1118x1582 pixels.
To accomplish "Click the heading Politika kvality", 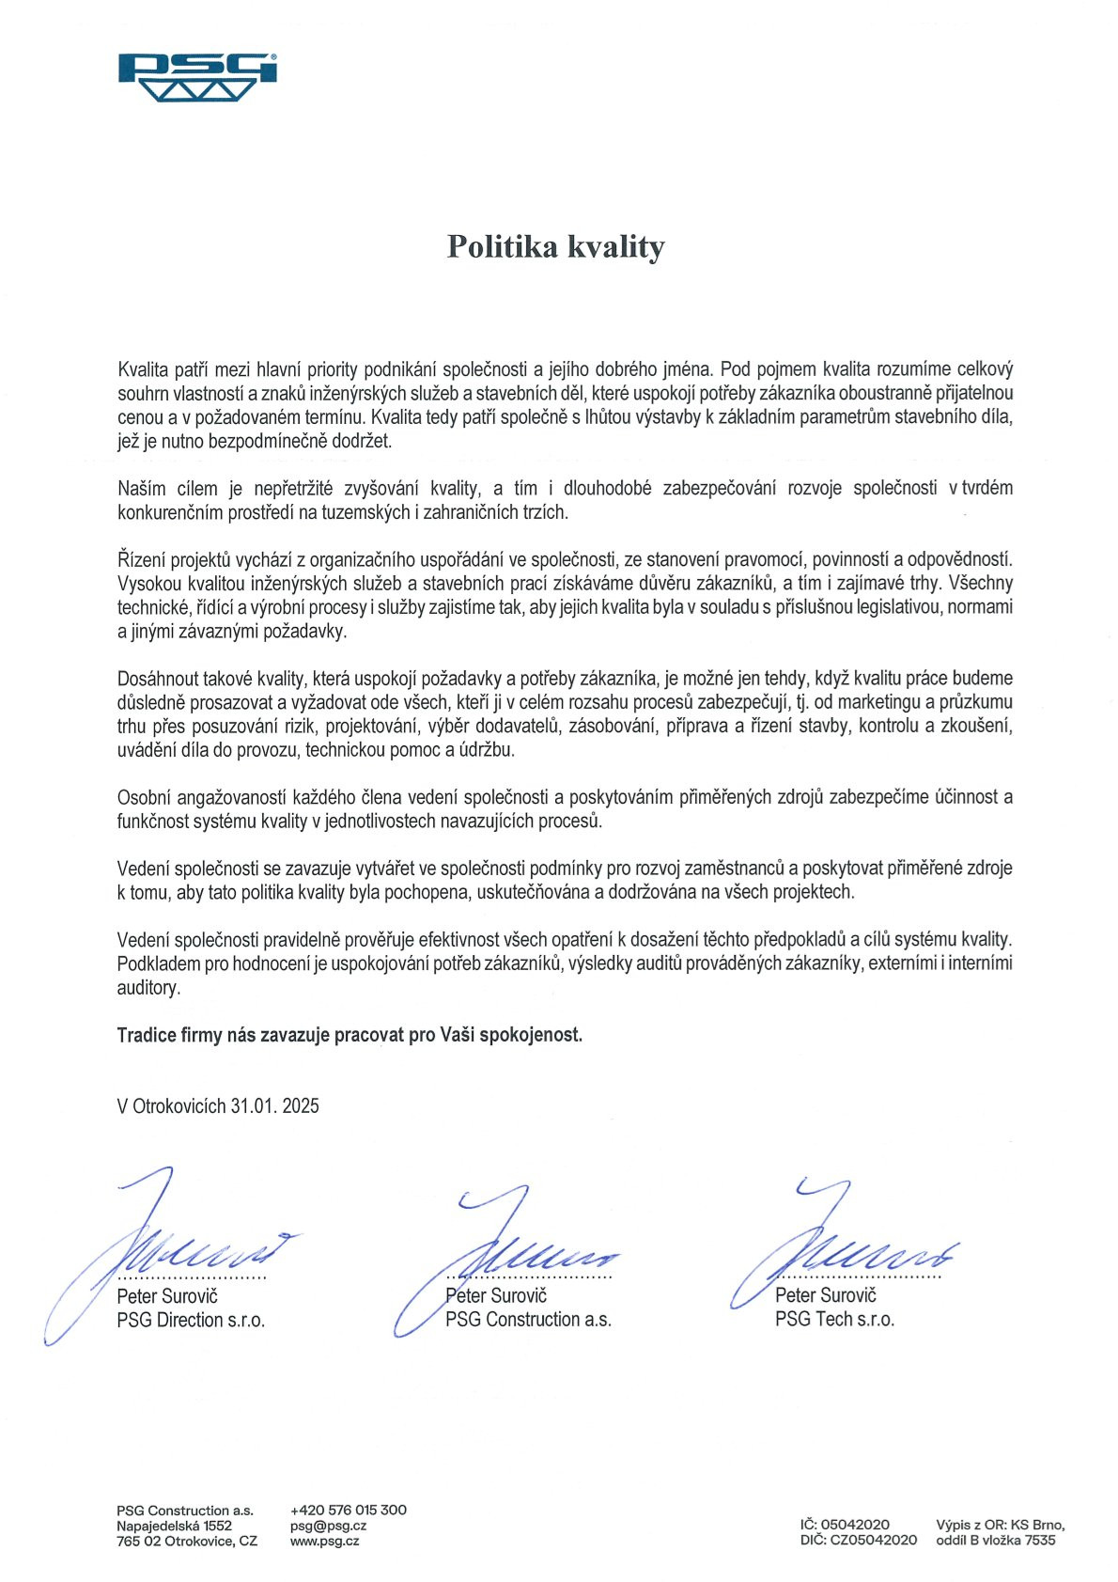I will coord(555,246).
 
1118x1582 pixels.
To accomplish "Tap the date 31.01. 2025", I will coord(274,1105).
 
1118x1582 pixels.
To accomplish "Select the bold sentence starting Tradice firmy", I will coord(349,1035).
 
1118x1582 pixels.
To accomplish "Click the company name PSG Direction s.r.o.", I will coord(191,1320).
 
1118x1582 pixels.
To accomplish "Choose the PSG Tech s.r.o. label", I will coord(834,1319).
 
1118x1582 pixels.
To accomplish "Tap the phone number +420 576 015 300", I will coord(349,1510).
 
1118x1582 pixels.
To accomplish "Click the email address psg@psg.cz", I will coord(328,1526).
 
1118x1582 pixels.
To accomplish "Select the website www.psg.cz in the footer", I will coord(324,1541).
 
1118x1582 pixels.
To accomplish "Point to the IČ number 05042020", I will coord(855,1524).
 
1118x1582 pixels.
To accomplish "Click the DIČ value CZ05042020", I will coord(873,1540).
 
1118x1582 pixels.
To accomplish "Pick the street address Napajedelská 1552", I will coord(174,1526).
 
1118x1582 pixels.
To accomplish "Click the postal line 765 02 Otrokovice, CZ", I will coord(187,1541).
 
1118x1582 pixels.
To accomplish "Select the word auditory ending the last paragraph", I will coord(148,988).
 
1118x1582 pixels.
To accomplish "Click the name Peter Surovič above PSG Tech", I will coord(825,1295).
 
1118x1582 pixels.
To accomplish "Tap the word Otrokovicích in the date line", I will coord(179,1105).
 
